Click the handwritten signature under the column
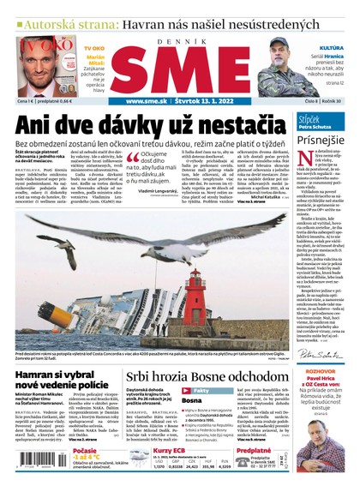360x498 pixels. click(318, 352)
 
